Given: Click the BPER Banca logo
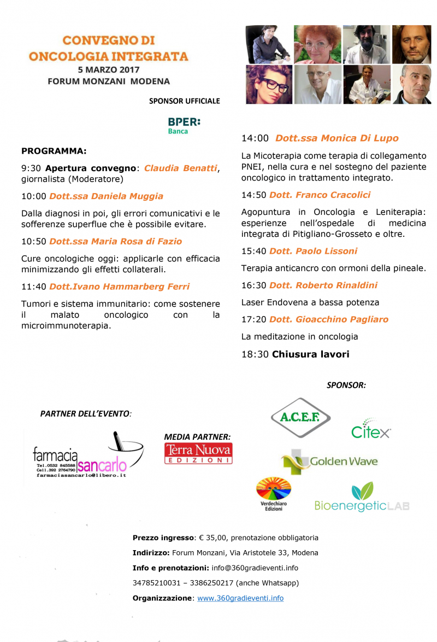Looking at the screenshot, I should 184,125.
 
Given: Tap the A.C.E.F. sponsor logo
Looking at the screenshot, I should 300,418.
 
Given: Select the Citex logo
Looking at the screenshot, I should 371,430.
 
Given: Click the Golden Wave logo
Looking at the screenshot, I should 329,461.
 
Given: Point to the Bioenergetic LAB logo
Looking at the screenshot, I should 362,498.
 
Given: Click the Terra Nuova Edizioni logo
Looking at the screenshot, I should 198,453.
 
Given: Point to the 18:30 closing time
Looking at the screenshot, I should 255,354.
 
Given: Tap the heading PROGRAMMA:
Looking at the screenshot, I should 54,150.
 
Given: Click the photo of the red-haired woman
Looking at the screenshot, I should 317,44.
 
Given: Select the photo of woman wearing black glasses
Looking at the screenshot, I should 268,84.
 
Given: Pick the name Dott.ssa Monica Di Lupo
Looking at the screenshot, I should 336,138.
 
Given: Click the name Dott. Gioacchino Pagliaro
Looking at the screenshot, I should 329,319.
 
